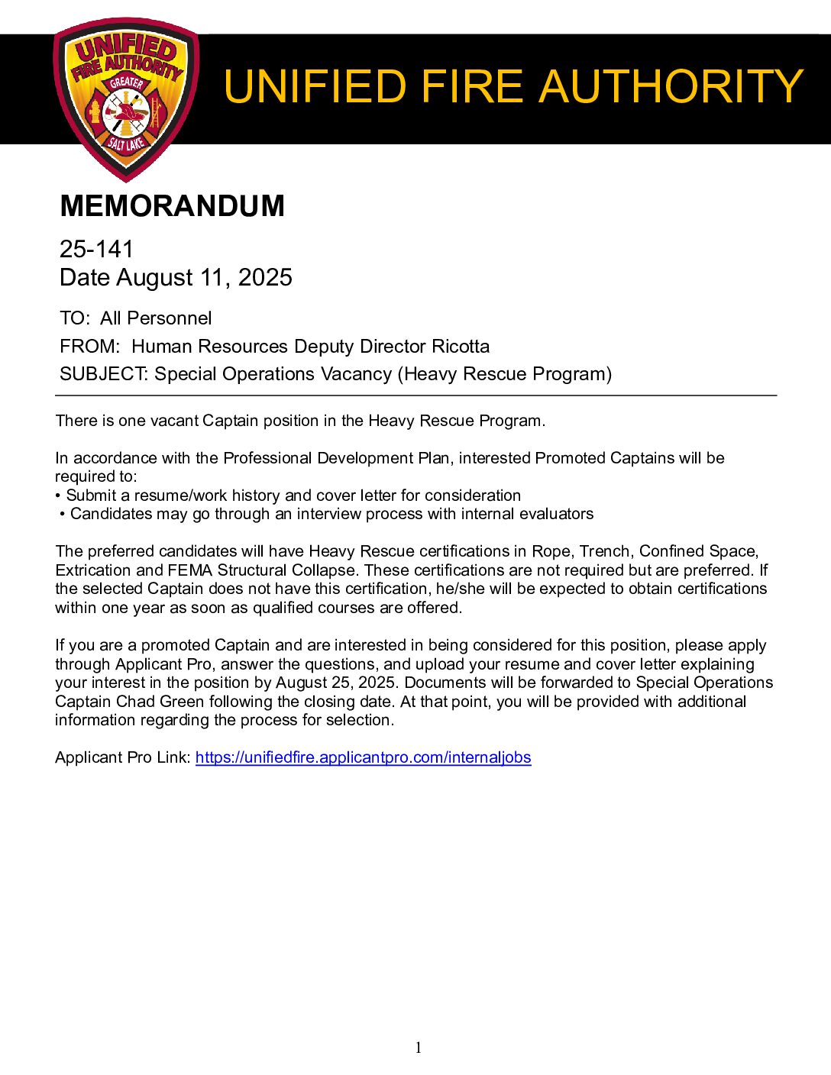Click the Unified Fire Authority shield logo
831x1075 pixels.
[x=126, y=99]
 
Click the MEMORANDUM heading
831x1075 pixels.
[x=172, y=206]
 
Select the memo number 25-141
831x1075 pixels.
[x=96, y=249]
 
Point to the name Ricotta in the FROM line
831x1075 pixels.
[x=461, y=347]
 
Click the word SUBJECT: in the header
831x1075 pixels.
[x=104, y=374]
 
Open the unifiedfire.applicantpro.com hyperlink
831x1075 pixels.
[x=363, y=757]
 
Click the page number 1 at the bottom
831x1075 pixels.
[x=418, y=1048]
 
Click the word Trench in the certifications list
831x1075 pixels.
[x=604, y=551]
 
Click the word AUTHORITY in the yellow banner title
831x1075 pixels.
[x=671, y=86]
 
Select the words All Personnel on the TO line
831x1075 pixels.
[x=156, y=318]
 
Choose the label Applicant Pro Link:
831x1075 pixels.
[x=122, y=757]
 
